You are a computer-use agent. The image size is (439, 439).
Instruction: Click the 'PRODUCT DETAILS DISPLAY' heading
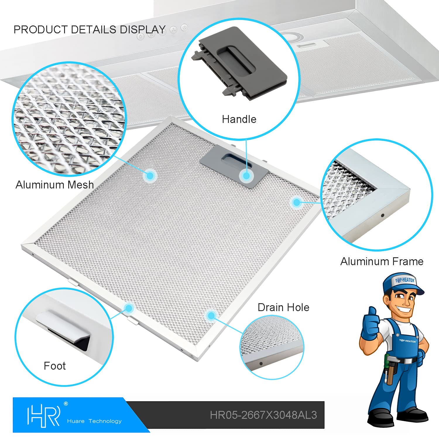pos(90,30)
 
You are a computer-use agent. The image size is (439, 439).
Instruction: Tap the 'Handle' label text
pos(239,119)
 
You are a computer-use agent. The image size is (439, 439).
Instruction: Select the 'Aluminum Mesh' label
pos(55,185)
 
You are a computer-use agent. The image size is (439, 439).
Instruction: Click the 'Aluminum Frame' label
pos(382,261)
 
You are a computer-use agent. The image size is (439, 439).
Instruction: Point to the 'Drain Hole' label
pos(283,307)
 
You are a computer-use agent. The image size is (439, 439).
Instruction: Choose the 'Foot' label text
pos(55,366)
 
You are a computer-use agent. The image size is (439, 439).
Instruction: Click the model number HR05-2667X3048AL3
pos(263,415)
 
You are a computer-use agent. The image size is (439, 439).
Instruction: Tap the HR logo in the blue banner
pos(44,416)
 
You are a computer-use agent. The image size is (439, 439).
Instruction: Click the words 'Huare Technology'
pos(94,421)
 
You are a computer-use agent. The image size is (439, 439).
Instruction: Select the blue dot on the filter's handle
pos(246,176)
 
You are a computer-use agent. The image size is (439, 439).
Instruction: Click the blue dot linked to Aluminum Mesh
pos(150,176)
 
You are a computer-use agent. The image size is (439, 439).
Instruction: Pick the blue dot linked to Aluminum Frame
pos(296,202)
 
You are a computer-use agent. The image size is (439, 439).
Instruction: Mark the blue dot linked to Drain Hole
pos(211,315)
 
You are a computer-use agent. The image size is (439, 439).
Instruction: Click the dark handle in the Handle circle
pos(239,63)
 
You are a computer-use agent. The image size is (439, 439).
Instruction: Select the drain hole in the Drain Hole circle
pos(261,364)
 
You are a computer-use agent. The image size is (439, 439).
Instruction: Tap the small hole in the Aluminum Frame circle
pos(383,215)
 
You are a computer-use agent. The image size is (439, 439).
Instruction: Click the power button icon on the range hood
pos(184,28)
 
